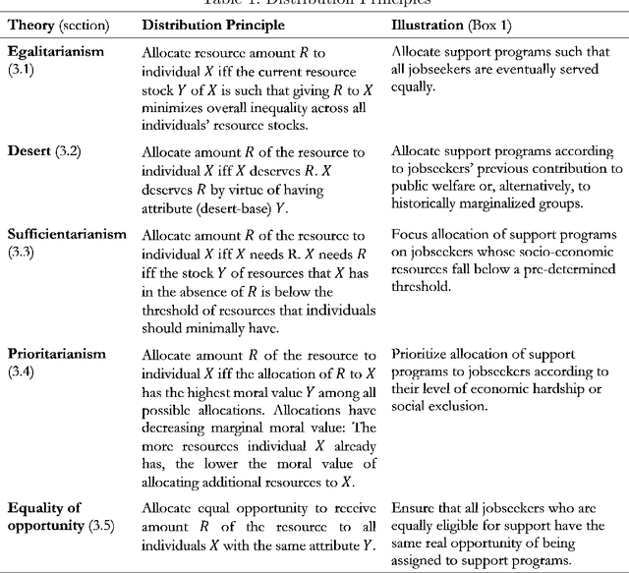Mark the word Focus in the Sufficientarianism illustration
(410, 236)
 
